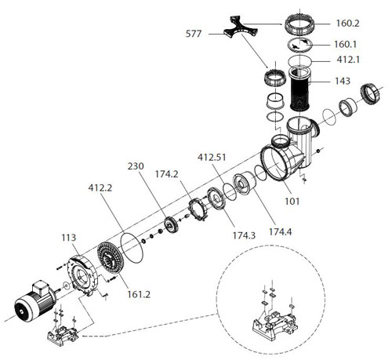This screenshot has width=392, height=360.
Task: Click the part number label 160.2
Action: tap(347, 24)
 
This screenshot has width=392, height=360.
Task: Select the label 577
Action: tap(194, 34)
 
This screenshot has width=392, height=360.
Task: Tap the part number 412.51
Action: tap(212, 158)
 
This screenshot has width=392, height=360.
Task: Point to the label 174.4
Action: tap(281, 231)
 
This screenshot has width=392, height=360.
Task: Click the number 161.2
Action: tap(139, 294)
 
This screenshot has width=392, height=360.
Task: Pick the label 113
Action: tap(69, 238)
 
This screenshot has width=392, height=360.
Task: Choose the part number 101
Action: tap(292, 201)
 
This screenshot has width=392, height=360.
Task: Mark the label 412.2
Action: tap(100, 187)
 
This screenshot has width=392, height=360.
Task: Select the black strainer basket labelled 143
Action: tap(300, 88)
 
